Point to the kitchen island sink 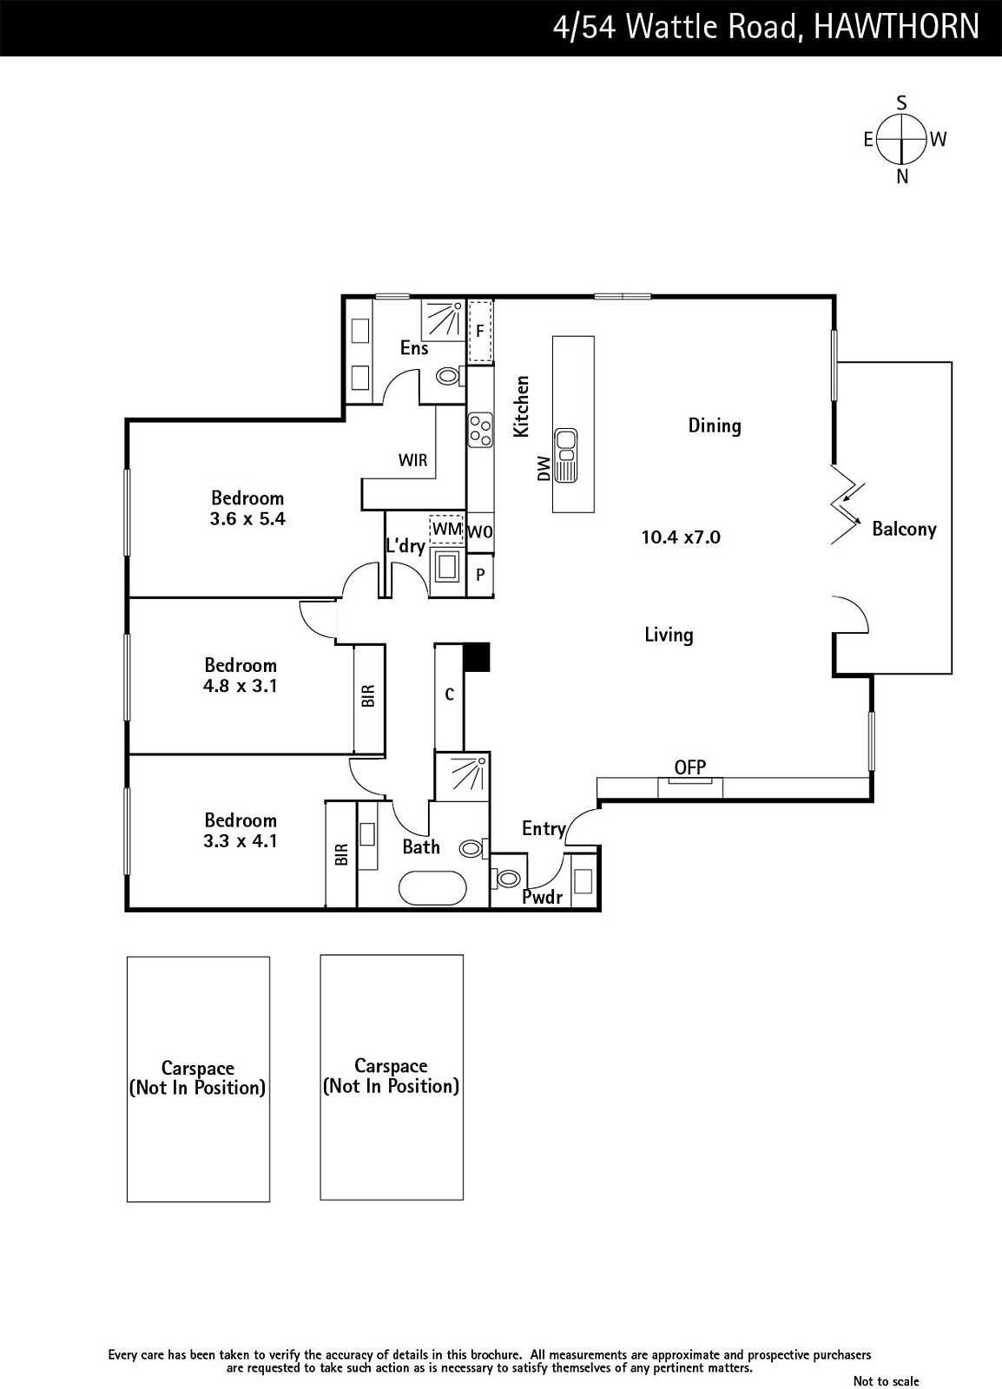[566, 455]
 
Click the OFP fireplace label [689, 767]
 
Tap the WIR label [413, 460]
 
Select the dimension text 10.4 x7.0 [681, 537]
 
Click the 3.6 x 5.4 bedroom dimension [247, 518]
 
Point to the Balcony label [904, 529]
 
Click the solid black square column [477, 657]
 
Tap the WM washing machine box [446, 529]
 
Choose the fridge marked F [480, 331]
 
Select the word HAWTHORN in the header [896, 27]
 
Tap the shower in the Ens [443, 319]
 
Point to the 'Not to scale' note [886, 1380]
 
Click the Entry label [544, 828]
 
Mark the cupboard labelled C [450, 695]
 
